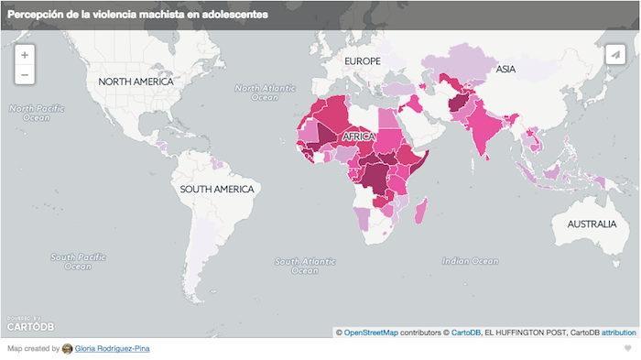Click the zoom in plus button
pos(25,55)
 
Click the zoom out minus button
pos(25,74)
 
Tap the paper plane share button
pos(615,55)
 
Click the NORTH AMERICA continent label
pos(136,82)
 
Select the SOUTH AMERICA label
pos(216,189)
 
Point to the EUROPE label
pos(362,60)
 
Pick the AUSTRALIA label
pos(592,224)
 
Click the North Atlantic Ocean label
pos(266,93)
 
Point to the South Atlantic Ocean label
pos(306,266)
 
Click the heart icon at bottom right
pos(627,349)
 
